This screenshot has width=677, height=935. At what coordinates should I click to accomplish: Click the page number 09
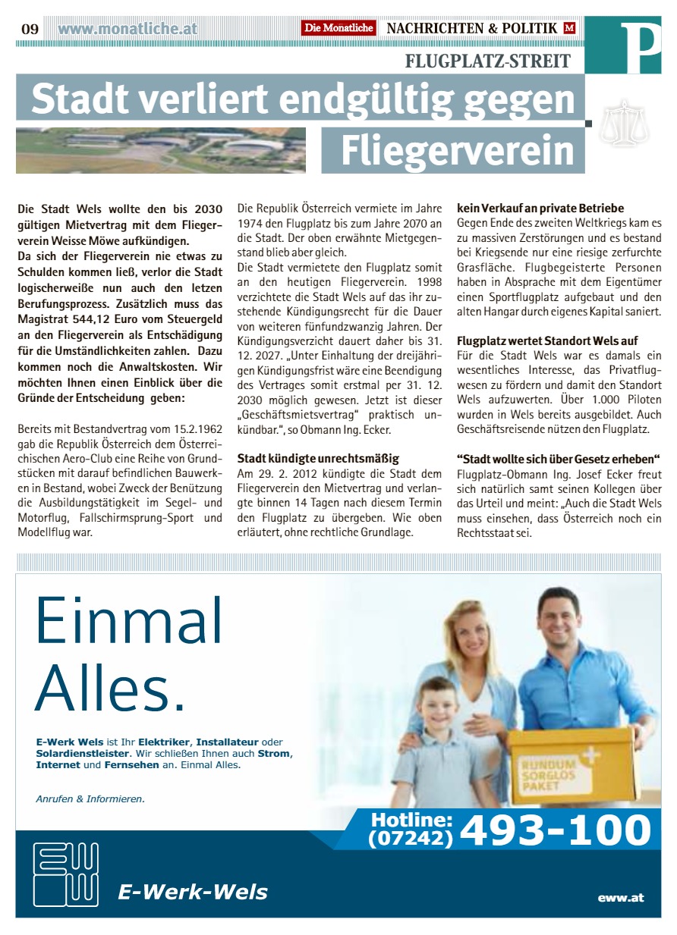click(x=30, y=29)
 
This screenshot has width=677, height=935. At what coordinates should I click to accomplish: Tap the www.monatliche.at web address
click(x=128, y=29)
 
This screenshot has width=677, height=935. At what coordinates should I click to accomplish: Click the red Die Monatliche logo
click(x=338, y=28)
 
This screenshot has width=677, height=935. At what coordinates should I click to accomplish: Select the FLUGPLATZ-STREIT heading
click(x=488, y=61)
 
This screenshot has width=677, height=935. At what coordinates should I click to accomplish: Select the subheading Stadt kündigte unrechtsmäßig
click(x=318, y=459)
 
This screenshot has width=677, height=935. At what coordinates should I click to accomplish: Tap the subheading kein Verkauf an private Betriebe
click(x=540, y=208)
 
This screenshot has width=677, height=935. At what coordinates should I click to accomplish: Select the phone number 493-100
click(x=556, y=830)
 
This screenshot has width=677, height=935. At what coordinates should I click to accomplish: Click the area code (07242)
click(x=411, y=839)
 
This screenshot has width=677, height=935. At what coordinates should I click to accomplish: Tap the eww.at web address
click(x=620, y=897)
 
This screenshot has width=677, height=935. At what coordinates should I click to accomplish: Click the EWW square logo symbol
click(x=66, y=874)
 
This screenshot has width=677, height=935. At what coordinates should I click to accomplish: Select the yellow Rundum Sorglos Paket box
click(x=570, y=766)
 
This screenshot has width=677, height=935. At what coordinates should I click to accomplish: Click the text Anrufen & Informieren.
click(x=90, y=799)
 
